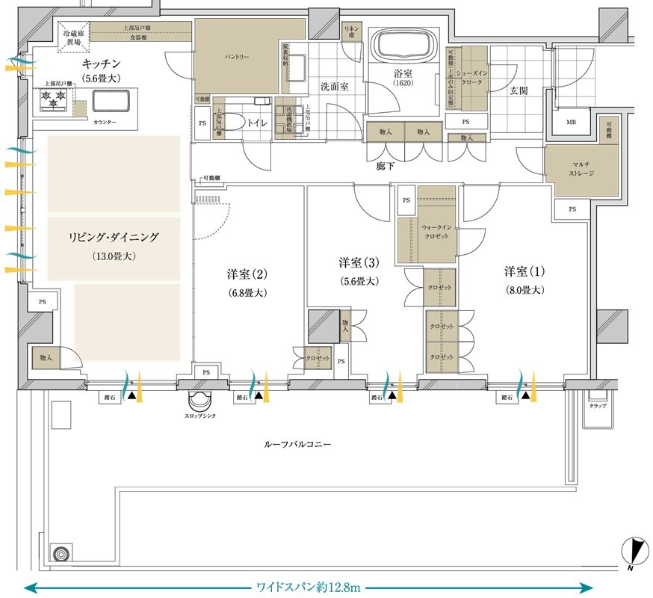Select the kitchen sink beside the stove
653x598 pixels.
click(111, 102)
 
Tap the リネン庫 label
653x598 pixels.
click(350, 31)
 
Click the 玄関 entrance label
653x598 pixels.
click(519, 90)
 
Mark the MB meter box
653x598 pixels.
click(571, 123)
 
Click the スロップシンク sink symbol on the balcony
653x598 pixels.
click(199, 400)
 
